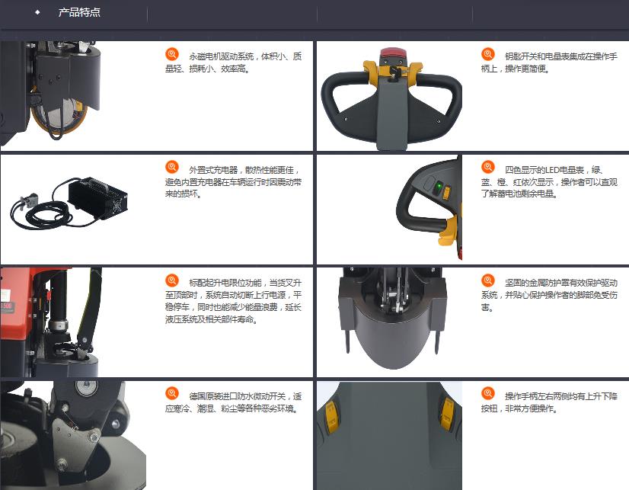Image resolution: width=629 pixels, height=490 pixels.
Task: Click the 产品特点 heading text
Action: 79,12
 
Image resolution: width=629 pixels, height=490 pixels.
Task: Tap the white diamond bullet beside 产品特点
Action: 37,12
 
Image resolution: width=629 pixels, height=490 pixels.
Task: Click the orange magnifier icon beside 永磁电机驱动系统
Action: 171,54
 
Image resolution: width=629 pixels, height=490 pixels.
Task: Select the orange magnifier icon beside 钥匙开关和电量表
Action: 488,54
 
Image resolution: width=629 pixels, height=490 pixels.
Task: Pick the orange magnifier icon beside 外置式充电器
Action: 171,167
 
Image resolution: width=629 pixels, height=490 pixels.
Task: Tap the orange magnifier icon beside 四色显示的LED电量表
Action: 488,167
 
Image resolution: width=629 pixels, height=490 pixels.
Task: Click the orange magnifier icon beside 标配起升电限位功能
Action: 171,280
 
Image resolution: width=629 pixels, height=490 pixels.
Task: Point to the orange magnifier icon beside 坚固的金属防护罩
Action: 488,280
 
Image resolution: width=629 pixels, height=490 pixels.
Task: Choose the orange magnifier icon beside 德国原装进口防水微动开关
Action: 171,394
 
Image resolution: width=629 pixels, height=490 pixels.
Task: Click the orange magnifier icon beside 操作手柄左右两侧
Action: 488,394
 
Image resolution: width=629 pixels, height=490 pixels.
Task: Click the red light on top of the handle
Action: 392,53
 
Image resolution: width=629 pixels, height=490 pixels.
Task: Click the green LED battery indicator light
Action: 439,187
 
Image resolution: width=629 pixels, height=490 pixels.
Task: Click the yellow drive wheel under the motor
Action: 60,116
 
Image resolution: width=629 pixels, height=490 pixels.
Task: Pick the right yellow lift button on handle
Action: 446,413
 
